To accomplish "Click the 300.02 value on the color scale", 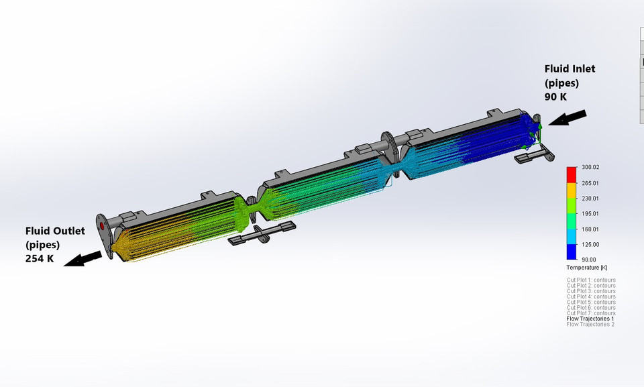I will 590,168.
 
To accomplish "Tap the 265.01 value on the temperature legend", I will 590,183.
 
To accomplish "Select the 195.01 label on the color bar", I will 590,214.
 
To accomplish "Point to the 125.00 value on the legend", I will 590,244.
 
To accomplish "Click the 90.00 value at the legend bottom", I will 588,260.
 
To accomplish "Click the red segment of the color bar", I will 572,175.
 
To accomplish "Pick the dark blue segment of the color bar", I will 572,252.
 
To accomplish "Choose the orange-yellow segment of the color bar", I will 572,190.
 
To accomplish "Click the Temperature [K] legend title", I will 586,268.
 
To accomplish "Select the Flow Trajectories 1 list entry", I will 590,319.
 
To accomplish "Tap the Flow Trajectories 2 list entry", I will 590,324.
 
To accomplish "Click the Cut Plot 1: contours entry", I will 591,280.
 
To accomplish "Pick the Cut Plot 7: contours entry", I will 591,313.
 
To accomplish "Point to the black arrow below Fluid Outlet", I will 83,260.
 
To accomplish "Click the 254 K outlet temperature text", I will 40,258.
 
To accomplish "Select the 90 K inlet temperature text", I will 555,97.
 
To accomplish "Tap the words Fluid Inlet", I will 570,68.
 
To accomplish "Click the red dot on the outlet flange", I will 102,225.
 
